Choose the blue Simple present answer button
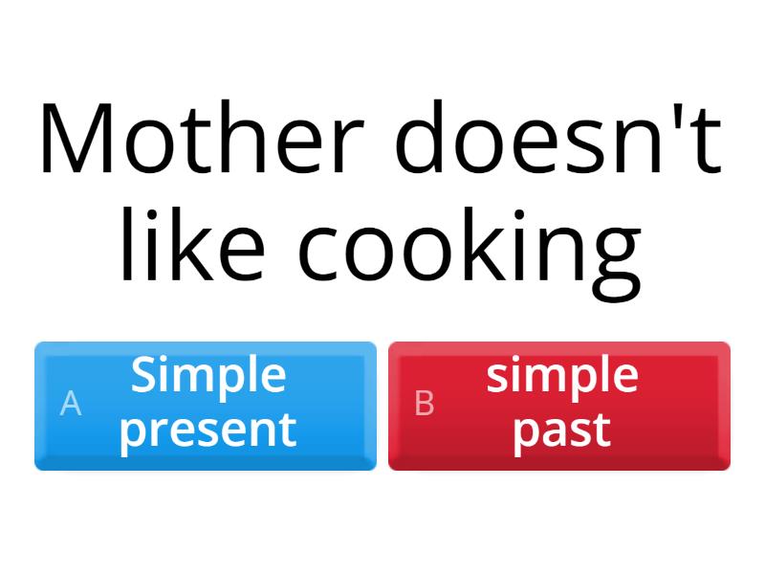click(206, 406)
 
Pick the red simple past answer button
click(559, 406)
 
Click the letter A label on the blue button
click(70, 404)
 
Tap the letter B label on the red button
click(425, 404)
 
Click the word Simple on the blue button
click(208, 375)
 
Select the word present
click(208, 430)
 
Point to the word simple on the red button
click(562, 375)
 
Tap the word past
click(562, 430)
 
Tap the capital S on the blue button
click(144, 375)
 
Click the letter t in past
click(601, 430)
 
